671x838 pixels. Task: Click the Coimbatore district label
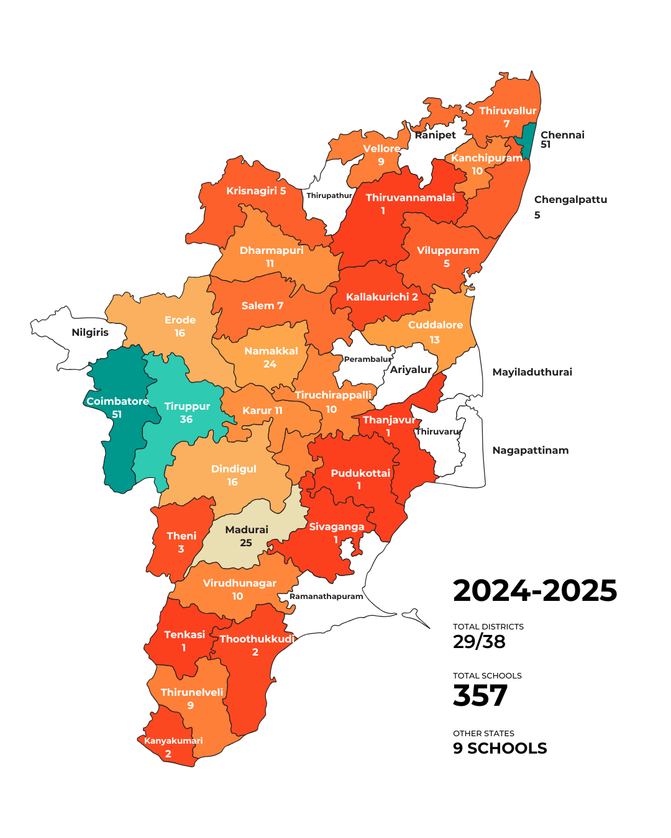117,401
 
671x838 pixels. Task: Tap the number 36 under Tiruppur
186,420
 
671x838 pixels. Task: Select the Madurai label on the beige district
247,529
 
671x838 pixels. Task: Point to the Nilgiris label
90,332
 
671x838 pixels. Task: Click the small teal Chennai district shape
528,140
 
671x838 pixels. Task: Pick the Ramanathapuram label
326,597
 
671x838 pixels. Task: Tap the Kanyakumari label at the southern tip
173,741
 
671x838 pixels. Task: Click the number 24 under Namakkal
270,364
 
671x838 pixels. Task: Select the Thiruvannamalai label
410,197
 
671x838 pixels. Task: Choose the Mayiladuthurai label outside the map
532,372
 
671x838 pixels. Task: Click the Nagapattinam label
530,450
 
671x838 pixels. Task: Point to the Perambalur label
368,359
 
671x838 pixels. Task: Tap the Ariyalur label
411,369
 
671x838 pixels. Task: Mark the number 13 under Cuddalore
435,340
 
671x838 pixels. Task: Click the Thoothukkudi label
257,639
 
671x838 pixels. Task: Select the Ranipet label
435,135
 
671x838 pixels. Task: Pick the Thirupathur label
329,196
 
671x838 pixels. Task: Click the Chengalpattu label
570,199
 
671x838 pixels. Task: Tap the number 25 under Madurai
246,543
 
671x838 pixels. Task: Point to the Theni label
181,536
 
